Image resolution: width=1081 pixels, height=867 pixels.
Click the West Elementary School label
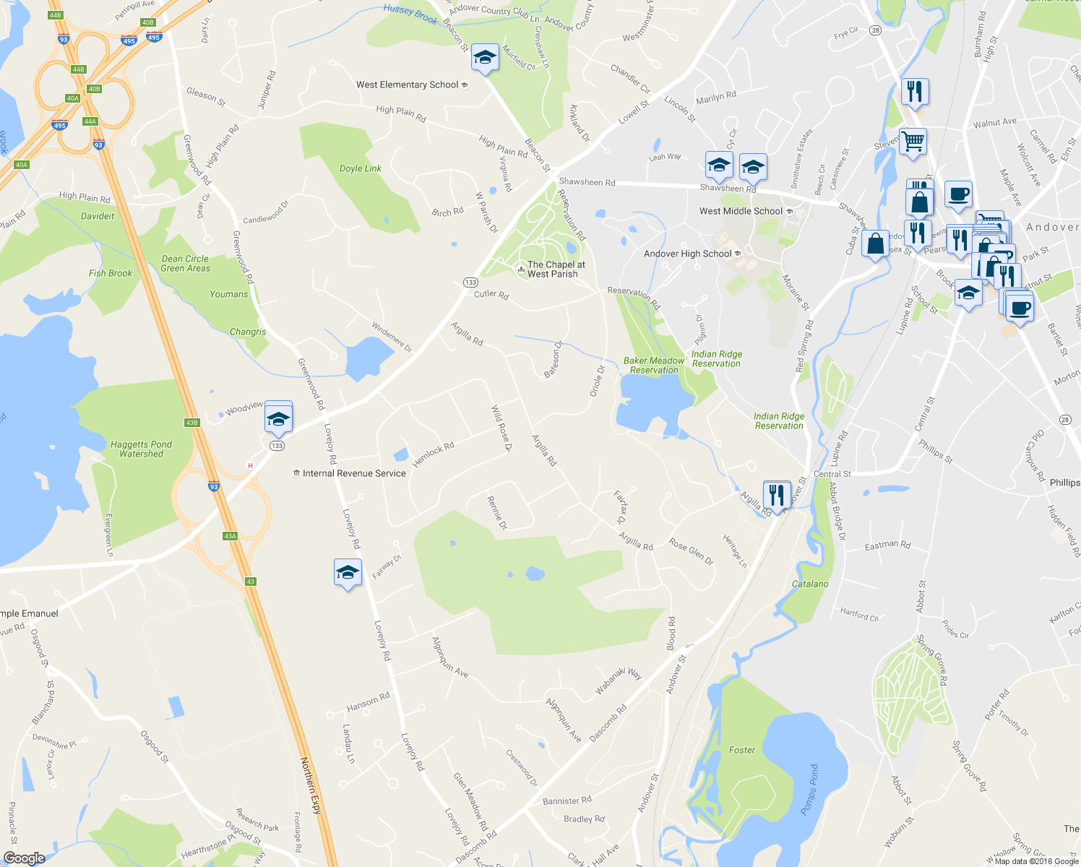[408, 85]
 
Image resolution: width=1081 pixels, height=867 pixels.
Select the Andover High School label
[688, 254]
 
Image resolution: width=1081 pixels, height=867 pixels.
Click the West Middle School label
[741, 211]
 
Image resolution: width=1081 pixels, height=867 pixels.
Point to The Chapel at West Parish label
[555, 269]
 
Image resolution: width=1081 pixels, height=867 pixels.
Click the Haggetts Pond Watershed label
[141, 449]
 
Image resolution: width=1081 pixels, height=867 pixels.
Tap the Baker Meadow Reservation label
[654, 366]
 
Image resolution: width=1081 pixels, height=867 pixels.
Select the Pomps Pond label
[810, 790]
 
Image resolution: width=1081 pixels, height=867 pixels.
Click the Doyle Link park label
[361, 168]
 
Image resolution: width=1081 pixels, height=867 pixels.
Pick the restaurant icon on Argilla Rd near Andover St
[776, 495]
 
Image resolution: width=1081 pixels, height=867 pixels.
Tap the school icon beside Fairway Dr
[348, 573]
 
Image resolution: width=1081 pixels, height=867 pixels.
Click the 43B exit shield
[191, 423]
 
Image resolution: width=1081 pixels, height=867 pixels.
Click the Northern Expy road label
[311, 785]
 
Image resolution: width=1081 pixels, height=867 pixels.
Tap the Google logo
[24, 858]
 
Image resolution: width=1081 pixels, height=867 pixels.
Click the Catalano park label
[810, 584]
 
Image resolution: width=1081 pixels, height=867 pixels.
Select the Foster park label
[741, 750]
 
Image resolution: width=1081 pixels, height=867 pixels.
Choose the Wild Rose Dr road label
[501, 429]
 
